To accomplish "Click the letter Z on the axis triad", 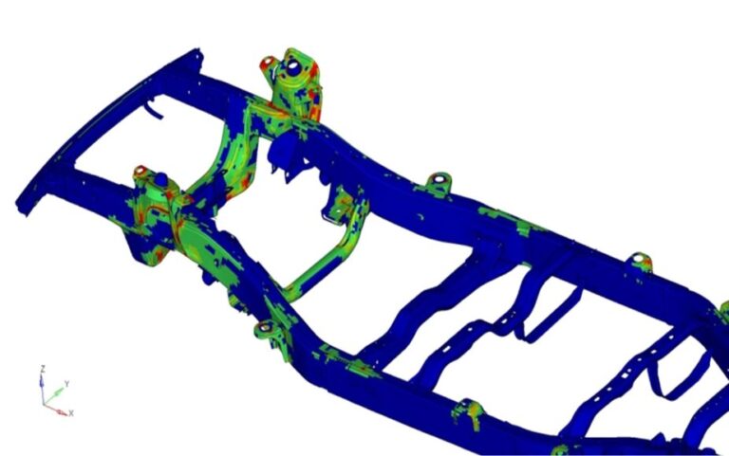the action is (x=43, y=369).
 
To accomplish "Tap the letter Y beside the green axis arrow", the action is (x=67, y=384).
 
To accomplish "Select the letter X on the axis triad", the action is (x=71, y=412).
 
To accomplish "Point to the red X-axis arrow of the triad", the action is (x=55, y=410).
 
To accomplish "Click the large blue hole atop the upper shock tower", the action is (x=294, y=68).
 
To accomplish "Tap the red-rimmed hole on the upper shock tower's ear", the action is (x=269, y=62).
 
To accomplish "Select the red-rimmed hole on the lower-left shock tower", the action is (x=140, y=171).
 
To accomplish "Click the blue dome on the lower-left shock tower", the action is (x=160, y=179).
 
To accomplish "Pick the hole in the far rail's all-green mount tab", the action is (x=439, y=179).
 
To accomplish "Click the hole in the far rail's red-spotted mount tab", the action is (x=638, y=258).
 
